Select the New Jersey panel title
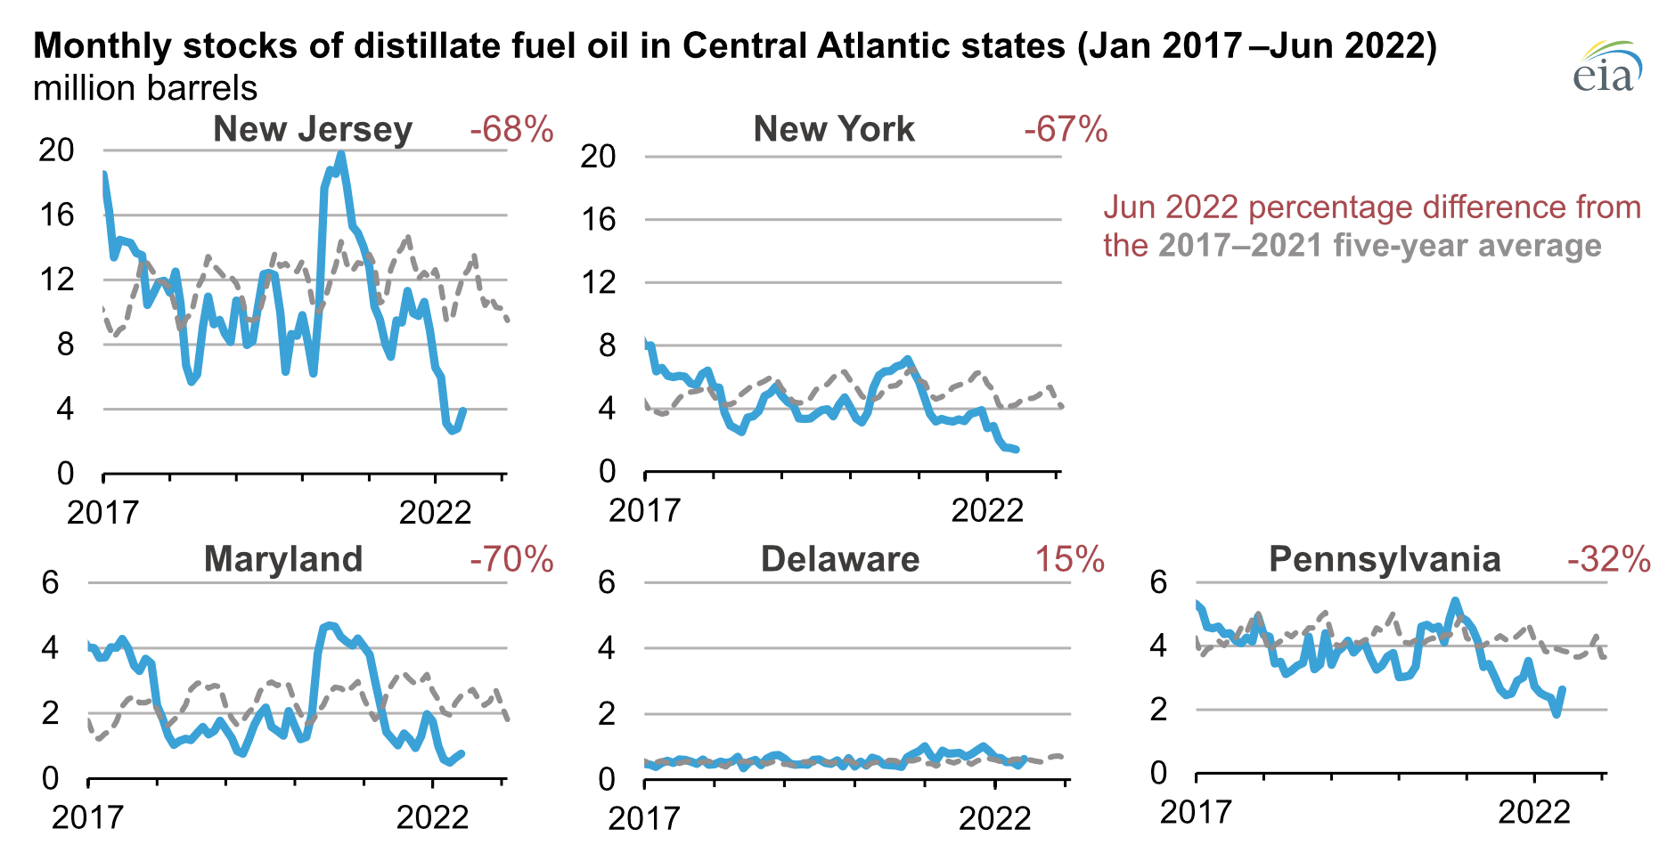(x=313, y=130)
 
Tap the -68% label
(x=511, y=130)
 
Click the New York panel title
(x=834, y=130)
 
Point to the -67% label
(x=1066, y=130)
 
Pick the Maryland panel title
(x=283, y=559)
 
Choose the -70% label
(x=511, y=559)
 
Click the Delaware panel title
(x=839, y=559)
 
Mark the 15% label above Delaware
(x=1069, y=559)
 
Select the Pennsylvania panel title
(x=1385, y=559)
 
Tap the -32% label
(x=1608, y=559)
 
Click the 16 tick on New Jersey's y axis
(x=56, y=215)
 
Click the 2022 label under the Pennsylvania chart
(x=1533, y=812)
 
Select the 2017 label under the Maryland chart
(x=87, y=817)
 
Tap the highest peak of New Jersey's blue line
(x=340, y=154)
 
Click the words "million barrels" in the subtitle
(x=145, y=88)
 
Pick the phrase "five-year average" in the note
(x=1467, y=245)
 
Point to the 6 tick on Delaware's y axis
(x=606, y=583)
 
